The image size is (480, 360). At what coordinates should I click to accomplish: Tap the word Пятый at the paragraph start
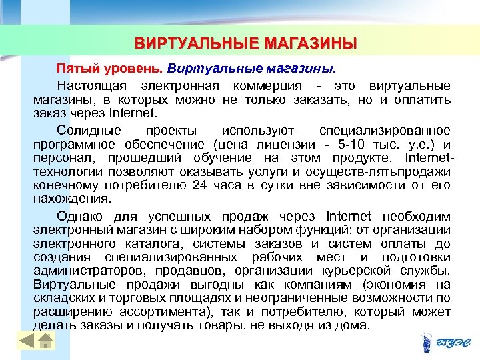coord(73,69)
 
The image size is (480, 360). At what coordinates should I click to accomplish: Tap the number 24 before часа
coord(200,185)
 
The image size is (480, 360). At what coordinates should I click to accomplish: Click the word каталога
coord(149,244)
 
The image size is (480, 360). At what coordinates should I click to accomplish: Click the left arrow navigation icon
coord(26,341)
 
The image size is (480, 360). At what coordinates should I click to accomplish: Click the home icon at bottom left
coord(45,341)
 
